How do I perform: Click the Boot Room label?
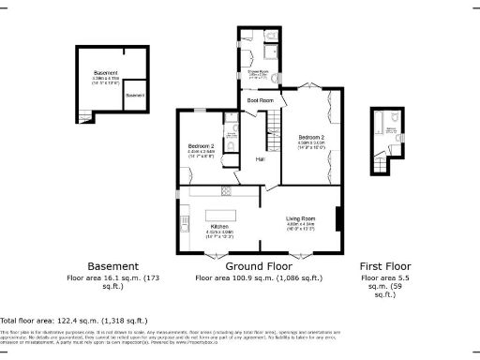[260, 99]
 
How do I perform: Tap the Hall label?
[260, 159]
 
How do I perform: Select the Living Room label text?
[300, 220]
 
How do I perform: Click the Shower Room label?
[259, 71]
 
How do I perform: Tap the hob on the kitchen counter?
[225, 191]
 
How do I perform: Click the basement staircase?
[86, 116]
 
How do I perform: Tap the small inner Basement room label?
[135, 96]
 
